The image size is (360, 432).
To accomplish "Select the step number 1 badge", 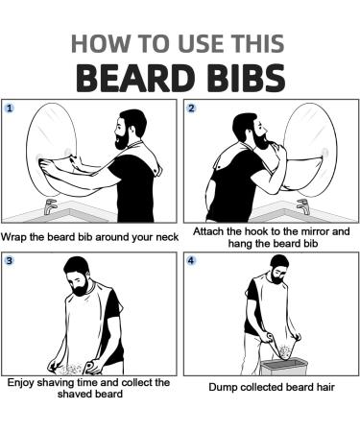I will pos(12,108).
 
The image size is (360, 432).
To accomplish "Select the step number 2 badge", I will pos(191,108).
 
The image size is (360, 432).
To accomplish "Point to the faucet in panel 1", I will pos(50,206).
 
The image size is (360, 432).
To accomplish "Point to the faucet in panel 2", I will pos(305,204).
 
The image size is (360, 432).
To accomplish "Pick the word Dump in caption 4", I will pos(222,388).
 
